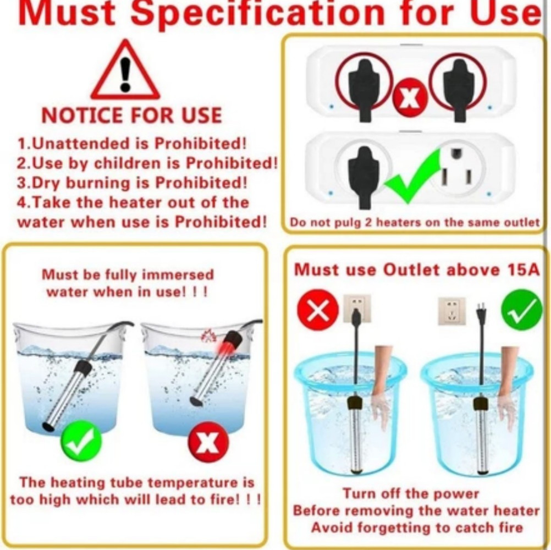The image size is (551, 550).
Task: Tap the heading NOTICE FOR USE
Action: pos(132,116)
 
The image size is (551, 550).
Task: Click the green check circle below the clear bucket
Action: pos(81,441)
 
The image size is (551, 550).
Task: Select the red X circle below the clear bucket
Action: pos(208,442)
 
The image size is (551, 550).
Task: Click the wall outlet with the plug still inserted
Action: pos(357,308)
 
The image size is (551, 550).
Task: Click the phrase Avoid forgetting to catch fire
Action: pos(416,527)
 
